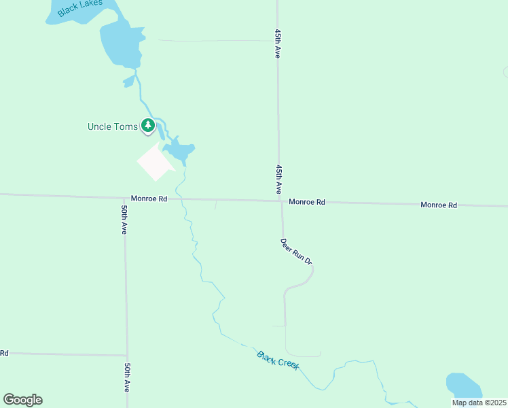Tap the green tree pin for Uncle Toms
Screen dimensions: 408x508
[147, 125]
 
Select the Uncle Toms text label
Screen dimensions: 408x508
[113, 126]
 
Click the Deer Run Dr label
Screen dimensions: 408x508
[296, 251]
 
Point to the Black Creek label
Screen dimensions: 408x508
[278, 360]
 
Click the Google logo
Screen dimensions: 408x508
[22, 400]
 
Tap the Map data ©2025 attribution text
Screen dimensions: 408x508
[479, 403]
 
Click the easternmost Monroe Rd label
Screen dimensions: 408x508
[438, 205]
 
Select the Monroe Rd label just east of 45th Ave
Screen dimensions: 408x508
[307, 202]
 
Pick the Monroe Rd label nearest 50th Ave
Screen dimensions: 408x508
[149, 199]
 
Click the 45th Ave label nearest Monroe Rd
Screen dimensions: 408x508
[278, 178]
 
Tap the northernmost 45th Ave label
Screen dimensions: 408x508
[278, 44]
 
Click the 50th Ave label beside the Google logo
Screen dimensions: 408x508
[127, 377]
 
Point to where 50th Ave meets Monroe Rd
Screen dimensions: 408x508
[124, 198]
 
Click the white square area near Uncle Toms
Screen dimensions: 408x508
[155, 163]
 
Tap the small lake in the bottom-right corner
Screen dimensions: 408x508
[464, 385]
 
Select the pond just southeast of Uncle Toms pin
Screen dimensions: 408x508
[179, 150]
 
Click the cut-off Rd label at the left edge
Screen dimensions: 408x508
[4, 353]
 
